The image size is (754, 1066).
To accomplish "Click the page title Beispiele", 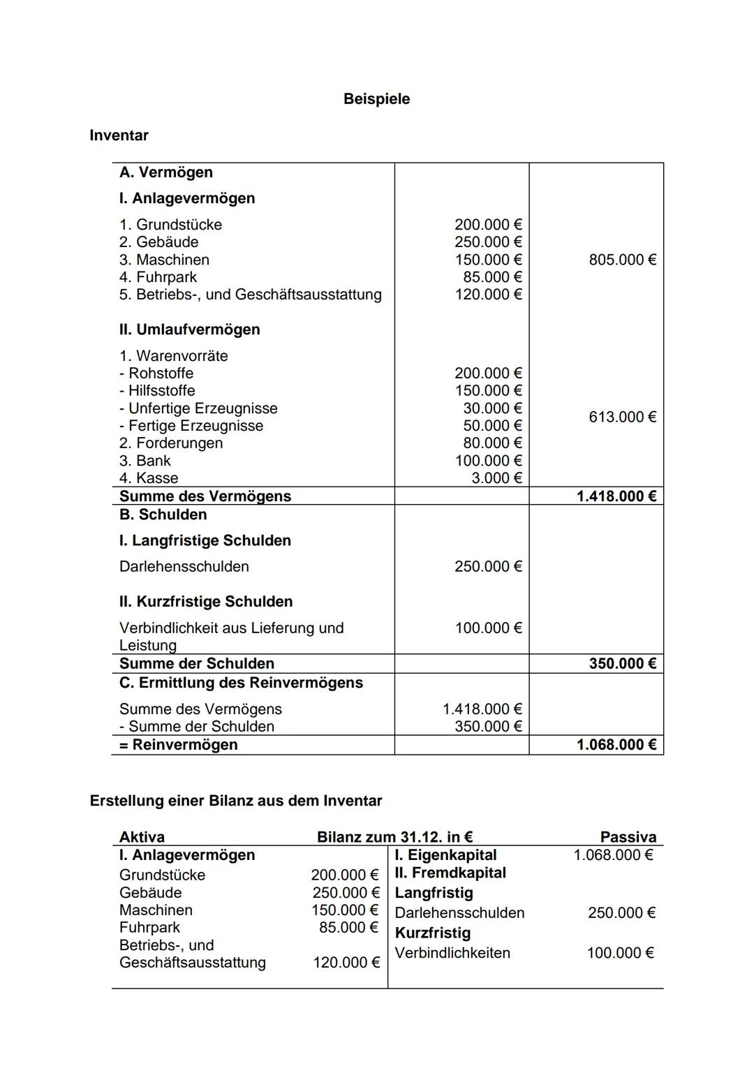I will [x=376, y=99].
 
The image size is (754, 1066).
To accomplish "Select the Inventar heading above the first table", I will [x=119, y=135].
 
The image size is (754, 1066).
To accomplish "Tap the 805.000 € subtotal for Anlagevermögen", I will [x=622, y=260].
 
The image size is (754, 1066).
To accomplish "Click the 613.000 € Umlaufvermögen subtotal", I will [x=622, y=417].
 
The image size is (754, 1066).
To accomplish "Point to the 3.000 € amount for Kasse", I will [x=496, y=478].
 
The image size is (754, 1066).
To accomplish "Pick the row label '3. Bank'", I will [x=145, y=461].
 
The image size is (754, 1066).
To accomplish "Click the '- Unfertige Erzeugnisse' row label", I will [x=198, y=408].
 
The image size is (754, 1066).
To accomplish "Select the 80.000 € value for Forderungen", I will [x=492, y=443].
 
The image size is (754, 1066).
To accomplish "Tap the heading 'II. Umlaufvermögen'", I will [x=189, y=330].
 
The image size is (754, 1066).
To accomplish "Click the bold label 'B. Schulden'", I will [x=163, y=515].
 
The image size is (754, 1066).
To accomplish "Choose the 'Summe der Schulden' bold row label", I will [x=196, y=663].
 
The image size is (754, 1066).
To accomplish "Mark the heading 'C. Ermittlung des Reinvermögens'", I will [x=241, y=683].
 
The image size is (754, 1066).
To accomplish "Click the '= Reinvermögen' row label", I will [x=178, y=745].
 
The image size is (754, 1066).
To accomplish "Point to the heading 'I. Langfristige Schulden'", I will [x=205, y=540].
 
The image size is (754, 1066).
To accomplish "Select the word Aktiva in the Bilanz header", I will [x=142, y=837].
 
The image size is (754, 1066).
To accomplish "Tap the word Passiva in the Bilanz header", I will [x=628, y=837].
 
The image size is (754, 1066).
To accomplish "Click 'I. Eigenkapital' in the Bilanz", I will [x=445, y=855].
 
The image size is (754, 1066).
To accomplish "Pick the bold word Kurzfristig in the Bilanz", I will [x=433, y=933].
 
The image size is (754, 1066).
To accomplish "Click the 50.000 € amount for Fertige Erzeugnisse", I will [x=492, y=426].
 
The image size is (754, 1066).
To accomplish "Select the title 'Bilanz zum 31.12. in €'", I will [x=394, y=837].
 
